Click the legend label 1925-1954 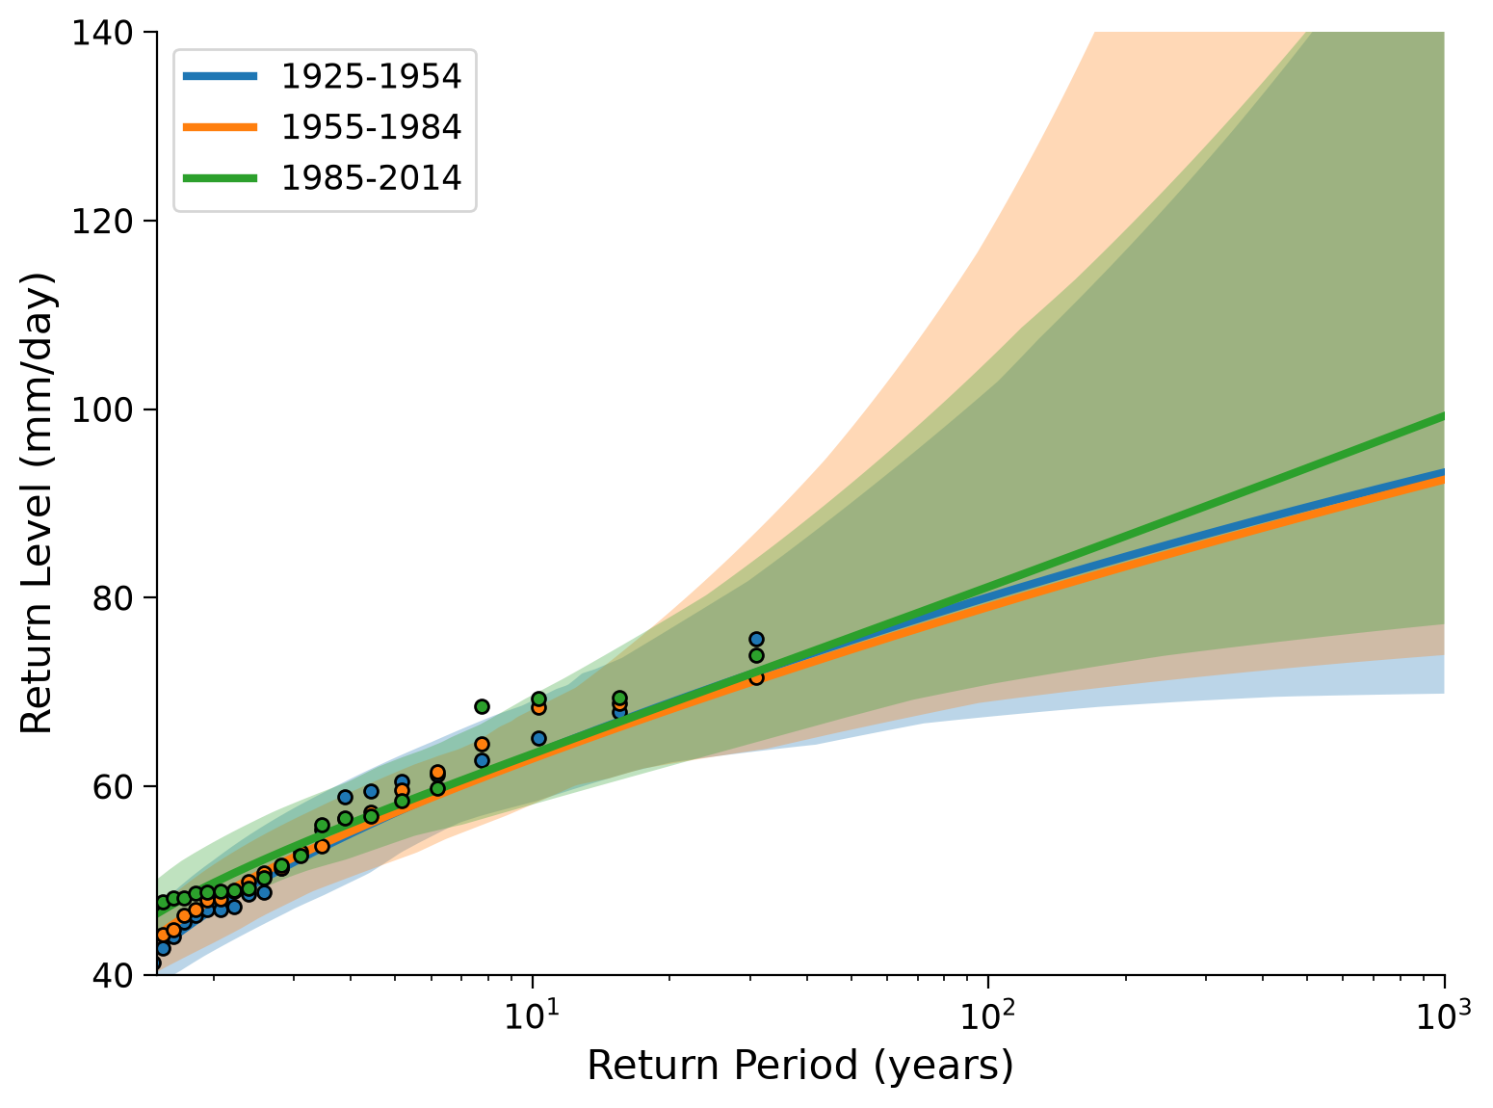click(371, 76)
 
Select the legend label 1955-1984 click(371, 127)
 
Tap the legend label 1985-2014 click(371, 178)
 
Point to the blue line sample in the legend click(221, 76)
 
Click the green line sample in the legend click(221, 178)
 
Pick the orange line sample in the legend click(221, 127)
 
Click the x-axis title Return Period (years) click(799, 1066)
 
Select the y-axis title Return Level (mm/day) click(36, 503)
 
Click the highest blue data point click(756, 639)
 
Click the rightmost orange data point click(756, 677)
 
